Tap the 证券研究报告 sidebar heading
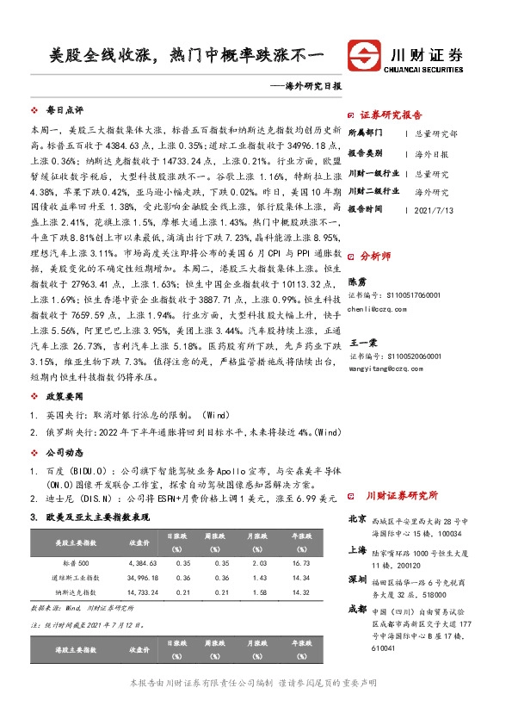pyautogui.click(x=391, y=115)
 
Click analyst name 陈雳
pyautogui.click(x=356, y=281)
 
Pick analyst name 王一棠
pyautogui.click(x=361, y=341)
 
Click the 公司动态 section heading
pyautogui.click(x=65, y=450)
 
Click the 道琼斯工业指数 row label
pyautogui.click(x=76, y=577)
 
